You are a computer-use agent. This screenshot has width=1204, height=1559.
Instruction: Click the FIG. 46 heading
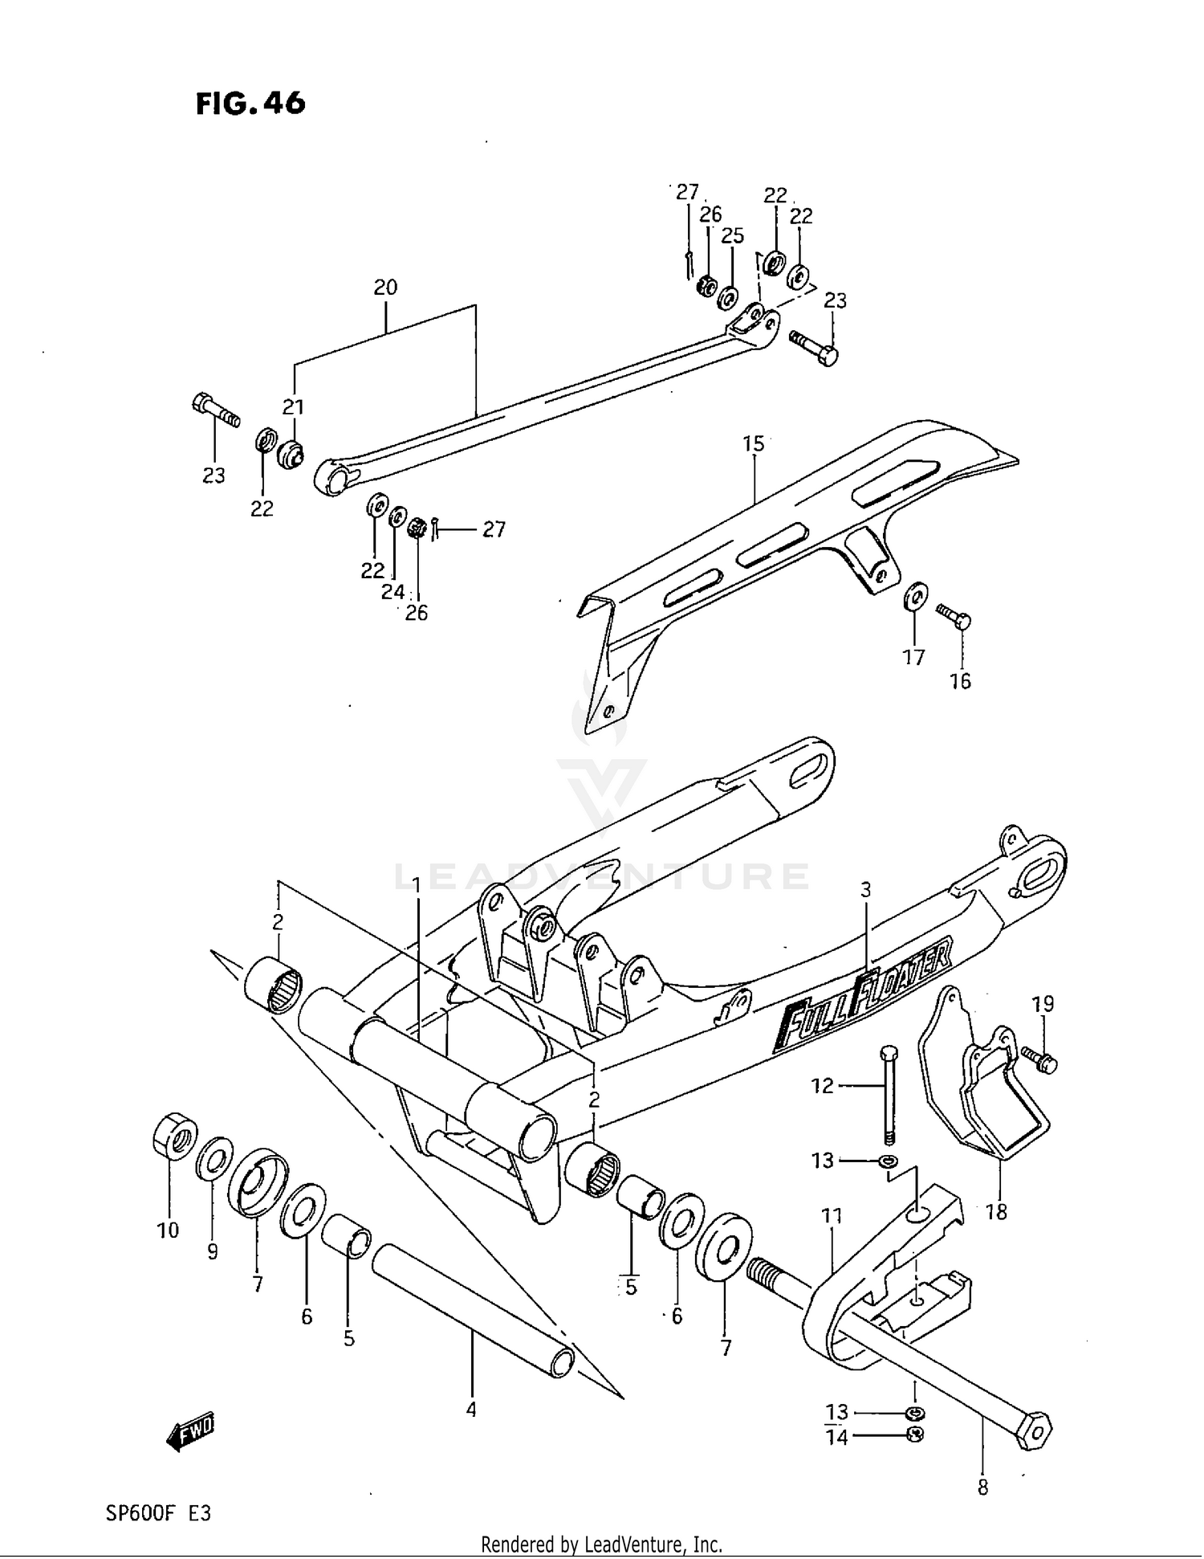(x=250, y=104)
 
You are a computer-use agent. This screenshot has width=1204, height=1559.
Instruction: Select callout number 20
(x=385, y=288)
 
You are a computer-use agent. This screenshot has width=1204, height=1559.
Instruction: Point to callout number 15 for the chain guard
(x=753, y=443)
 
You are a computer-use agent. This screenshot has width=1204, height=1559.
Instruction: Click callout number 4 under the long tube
(x=471, y=1409)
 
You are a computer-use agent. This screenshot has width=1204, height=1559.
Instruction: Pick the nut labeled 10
(x=175, y=1136)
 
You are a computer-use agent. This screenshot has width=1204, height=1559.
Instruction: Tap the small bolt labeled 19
(x=1039, y=1059)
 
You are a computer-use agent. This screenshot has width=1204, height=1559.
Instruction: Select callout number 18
(x=995, y=1212)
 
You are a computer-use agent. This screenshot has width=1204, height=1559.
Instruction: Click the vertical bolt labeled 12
(x=888, y=1095)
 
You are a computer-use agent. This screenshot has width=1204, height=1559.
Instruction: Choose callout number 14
(x=836, y=1438)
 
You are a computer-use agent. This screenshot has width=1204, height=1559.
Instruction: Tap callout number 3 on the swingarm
(x=865, y=890)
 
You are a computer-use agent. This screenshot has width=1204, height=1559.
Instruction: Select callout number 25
(x=732, y=236)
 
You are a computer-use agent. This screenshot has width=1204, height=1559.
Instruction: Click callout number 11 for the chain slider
(x=832, y=1216)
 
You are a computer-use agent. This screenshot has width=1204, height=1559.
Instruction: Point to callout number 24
(x=393, y=592)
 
